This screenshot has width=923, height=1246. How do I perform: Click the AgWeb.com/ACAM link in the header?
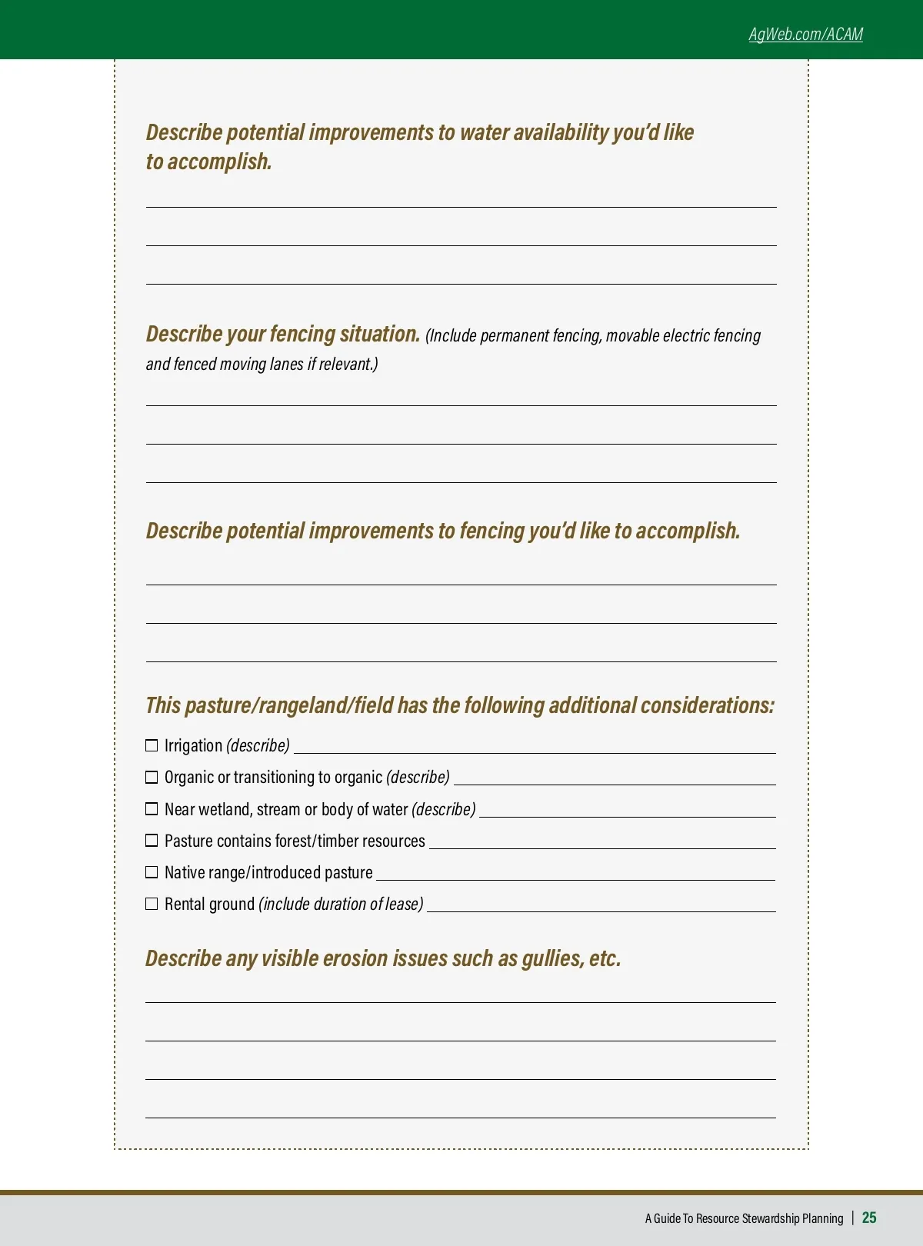click(x=805, y=34)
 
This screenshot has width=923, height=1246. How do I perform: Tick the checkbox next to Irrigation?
click(x=152, y=745)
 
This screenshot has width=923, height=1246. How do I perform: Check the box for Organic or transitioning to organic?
click(x=152, y=777)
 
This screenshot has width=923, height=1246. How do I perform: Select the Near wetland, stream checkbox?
click(x=152, y=809)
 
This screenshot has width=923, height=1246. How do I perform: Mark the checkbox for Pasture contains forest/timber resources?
click(x=152, y=841)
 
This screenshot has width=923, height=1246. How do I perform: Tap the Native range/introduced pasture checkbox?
click(x=152, y=872)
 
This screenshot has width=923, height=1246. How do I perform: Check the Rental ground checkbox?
click(x=152, y=904)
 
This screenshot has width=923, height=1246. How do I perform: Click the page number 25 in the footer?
click(x=869, y=1218)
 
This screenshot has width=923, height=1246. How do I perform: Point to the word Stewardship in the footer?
click(x=771, y=1218)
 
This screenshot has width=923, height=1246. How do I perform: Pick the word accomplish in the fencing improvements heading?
click(x=688, y=531)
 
